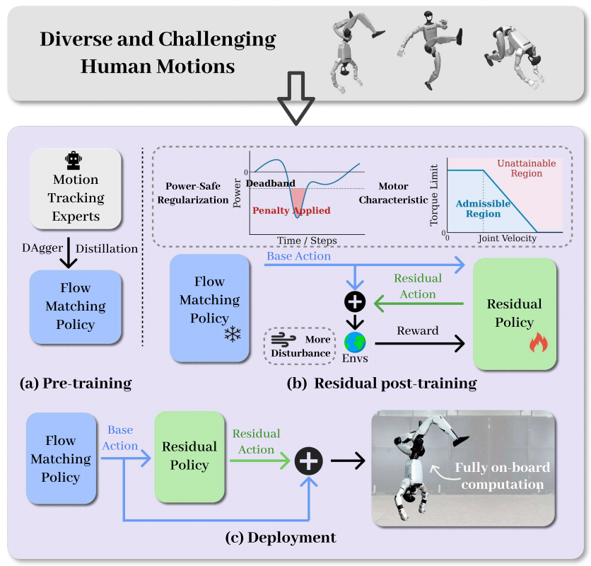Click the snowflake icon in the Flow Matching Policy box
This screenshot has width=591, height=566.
click(232, 334)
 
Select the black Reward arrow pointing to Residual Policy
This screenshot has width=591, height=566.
click(421, 343)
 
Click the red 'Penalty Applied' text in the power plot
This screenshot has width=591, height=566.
click(291, 210)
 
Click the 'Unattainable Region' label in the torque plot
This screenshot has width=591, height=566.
click(527, 168)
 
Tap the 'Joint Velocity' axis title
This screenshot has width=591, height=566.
click(507, 238)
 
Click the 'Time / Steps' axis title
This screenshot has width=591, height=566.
click(307, 241)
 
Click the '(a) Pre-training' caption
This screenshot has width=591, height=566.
click(76, 384)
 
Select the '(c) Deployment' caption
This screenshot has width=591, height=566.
click(281, 538)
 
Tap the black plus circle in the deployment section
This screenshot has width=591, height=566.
click(308, 461)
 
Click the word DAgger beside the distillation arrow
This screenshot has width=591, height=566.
click(36, 248)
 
